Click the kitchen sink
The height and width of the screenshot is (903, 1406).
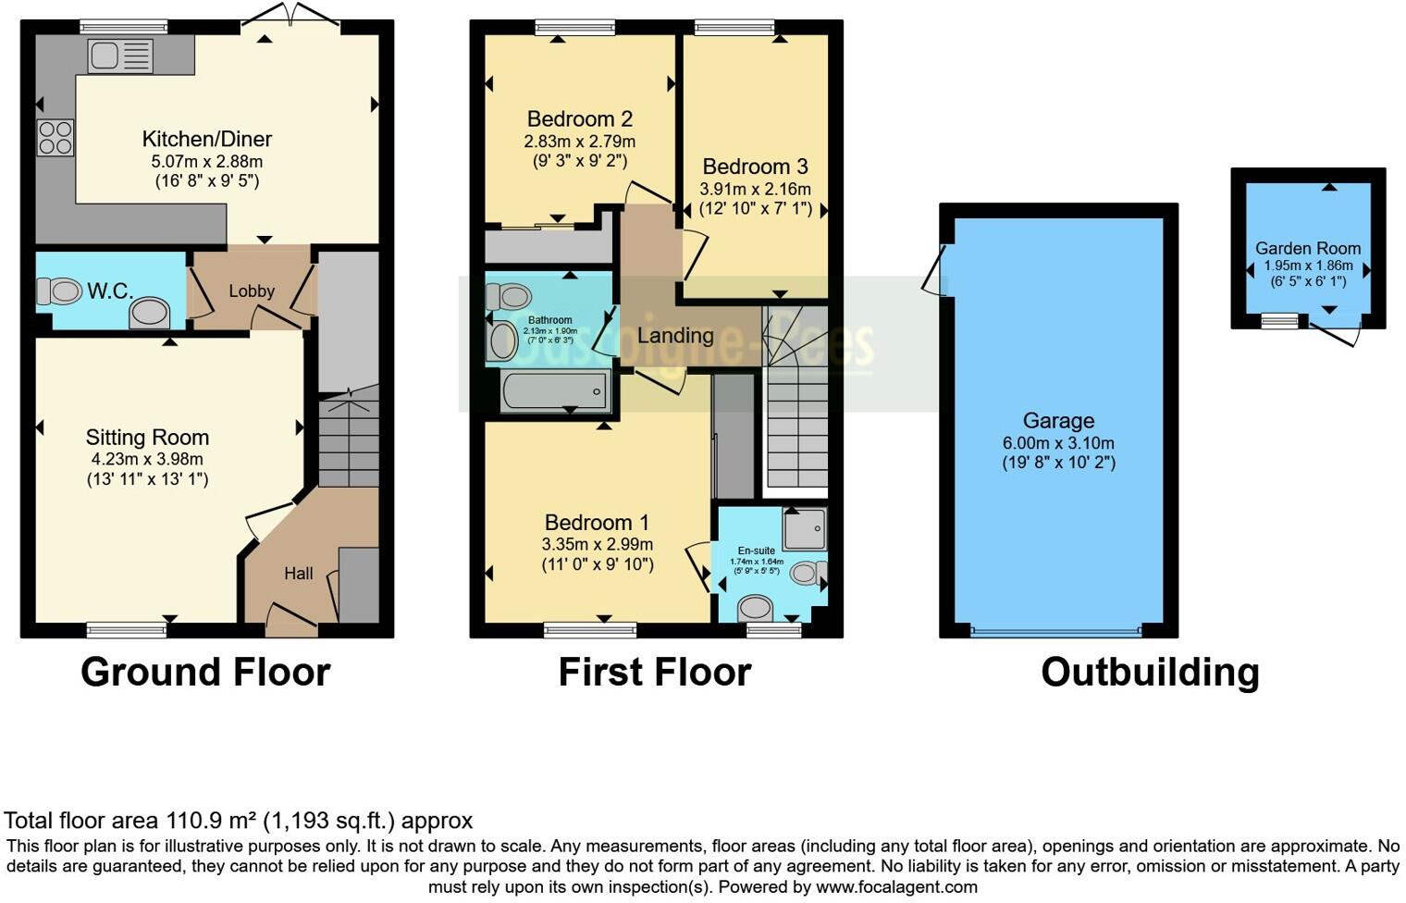[120, 56]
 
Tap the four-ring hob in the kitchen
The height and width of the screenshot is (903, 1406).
[55, 138]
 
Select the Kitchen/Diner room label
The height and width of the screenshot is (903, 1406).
[206, 139]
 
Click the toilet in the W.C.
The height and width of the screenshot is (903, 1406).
[60, 292]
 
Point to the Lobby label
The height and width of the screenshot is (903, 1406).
[252, 291]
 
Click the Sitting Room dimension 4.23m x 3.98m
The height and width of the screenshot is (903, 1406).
[146, 459]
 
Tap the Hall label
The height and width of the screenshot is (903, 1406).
[298, 574]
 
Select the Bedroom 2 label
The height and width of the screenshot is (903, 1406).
[579, 119]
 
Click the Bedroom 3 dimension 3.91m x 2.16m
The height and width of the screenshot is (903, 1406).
[755, 190]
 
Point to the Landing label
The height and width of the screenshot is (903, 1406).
[675, 336]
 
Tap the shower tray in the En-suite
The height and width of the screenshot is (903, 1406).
[804, 529]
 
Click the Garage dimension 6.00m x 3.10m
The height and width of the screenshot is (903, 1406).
[1058, 443]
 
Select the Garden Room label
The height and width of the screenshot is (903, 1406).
[1307, 248]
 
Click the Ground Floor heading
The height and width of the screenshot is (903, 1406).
[205, 673]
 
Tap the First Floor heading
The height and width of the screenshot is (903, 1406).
[654, 673]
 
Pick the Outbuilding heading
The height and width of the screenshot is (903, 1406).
[1150, 673]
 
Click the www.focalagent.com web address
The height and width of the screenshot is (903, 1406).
[895, 886]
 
